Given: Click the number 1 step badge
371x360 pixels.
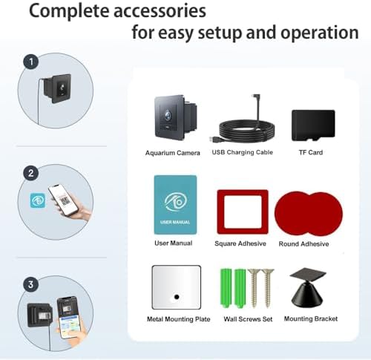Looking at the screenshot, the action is [x=31, y=62].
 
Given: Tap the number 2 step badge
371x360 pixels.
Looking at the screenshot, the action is [x=31, y=173].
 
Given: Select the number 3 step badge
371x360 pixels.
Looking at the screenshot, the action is [x=31, y=284].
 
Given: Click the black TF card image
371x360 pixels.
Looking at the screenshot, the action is [x=313, y=125].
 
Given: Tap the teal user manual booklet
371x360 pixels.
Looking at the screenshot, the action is [x=175, y=205].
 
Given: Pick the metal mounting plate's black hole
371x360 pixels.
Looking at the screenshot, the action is [x=177, y=297].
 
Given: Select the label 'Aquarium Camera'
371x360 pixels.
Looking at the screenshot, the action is [x=172, y=153].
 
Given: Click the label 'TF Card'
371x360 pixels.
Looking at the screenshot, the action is [x=311, y=152].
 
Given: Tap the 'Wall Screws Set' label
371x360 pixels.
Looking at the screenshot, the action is [x=248, y=319].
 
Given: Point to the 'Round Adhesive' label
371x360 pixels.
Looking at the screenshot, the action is [x=303, y=244].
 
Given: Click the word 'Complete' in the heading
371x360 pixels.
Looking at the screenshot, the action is [x=68, y=11].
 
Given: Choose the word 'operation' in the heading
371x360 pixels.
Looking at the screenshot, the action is [x=320, y=33].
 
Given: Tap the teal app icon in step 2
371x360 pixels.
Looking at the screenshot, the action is [x=38, y=200].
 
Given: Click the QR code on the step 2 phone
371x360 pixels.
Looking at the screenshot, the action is [x=65, y=200].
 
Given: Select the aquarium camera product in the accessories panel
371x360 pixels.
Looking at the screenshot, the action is [x=176, y=118].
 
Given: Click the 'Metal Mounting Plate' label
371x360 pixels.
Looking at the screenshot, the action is [x=179, y=319].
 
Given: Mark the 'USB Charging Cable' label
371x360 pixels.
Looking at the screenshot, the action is [x=243, y=152].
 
